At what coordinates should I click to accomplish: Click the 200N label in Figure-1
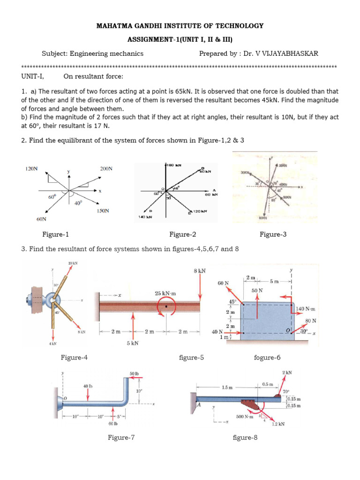click(106, 168)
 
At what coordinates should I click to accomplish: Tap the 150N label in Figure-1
click(103, 211)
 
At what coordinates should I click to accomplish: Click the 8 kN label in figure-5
click(200, 271)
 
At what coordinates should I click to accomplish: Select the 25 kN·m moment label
click(165, 293)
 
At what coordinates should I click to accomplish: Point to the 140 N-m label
click(307, 309)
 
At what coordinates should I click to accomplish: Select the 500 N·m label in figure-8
click(244, 416)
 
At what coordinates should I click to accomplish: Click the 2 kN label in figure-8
click(287, 372)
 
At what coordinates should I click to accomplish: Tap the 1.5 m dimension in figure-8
click(227, 388)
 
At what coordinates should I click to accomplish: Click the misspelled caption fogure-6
click(267, 358)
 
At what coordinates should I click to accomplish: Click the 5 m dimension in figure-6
click(275, 281)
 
